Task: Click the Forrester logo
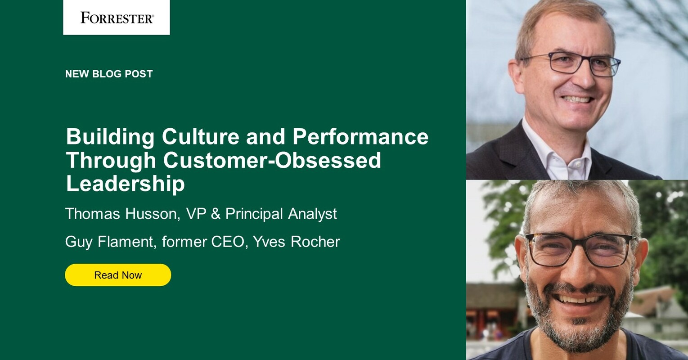[117, 18]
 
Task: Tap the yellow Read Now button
[118, 275]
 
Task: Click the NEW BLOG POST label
[109, 74]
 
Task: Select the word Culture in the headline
[201, 136]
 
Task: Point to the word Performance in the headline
[360, 136]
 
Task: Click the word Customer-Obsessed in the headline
[272, 160]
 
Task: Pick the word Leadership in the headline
[125, 184]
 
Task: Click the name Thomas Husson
[122, 214]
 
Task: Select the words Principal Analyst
[281, 214]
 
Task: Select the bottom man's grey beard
[579, 319]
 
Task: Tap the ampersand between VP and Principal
[216, 214]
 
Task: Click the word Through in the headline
[111, 161]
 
